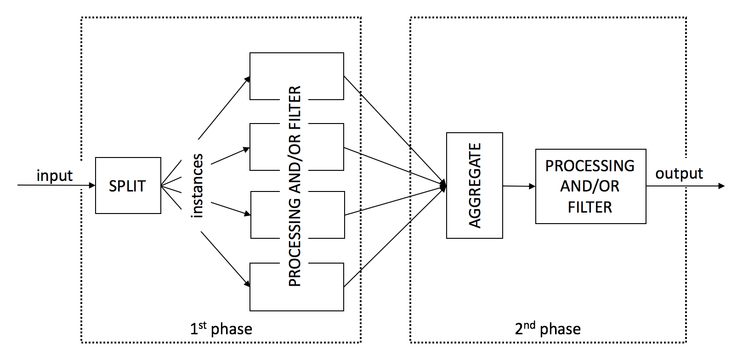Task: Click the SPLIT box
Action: (128, 186)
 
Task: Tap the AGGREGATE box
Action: (475, 186)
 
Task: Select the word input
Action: (55, 175)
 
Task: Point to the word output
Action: (679, 173)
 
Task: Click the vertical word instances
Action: (197, 186)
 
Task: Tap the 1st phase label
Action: (221, 328)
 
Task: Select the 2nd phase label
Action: (548, 328)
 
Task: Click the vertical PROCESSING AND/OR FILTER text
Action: (295, 186)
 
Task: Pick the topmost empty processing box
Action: (297, 76)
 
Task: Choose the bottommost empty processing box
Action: (297, 287)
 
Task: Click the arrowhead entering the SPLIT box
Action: (92, 186)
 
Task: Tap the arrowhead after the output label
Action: (721, 186)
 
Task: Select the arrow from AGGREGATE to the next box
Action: (519, 186)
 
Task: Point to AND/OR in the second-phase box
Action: (590, 186)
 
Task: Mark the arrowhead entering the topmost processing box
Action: (247, 79)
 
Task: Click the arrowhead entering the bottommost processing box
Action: (247, 283)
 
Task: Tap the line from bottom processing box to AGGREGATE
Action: (395, 237)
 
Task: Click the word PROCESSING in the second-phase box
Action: (590, 166)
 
